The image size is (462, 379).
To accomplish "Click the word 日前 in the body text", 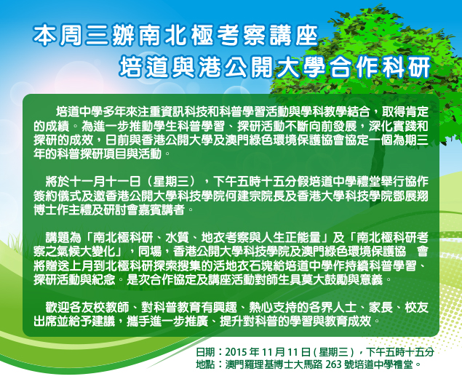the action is [117, 140].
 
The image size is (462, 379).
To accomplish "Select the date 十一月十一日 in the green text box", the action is [105, 182].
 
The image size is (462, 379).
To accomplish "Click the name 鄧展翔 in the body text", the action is [411, 196].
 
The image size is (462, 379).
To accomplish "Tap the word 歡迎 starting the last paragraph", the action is [57, 308].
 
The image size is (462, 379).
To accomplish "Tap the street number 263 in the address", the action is [333, 364].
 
